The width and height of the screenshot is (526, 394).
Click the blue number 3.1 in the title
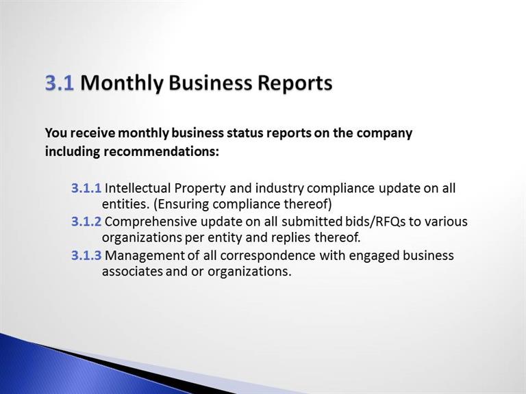pos(60,82)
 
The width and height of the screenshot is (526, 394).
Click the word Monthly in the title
pos(122,83)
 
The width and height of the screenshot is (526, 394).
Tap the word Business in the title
pos(210,82)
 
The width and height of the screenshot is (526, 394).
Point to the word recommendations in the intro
pos(161,151)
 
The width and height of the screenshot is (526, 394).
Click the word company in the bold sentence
pos(384,133)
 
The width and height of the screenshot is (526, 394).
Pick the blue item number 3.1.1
pos(86,188)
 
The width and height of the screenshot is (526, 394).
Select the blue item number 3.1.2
pos(86,222)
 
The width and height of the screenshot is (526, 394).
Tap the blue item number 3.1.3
pos(86,256)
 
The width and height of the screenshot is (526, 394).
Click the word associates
pos(132,272)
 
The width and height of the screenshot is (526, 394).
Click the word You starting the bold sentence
pos(56,133)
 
